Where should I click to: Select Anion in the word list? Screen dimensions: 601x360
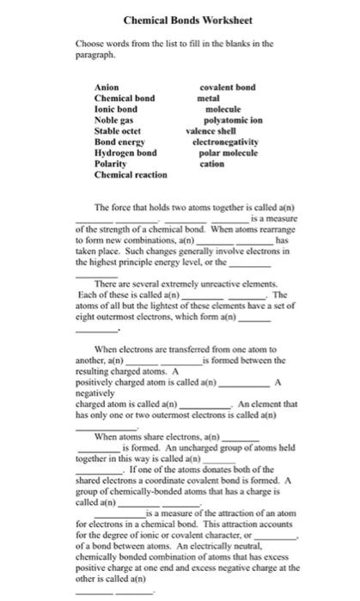(105, 88)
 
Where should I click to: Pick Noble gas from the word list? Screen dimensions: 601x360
(113, 120)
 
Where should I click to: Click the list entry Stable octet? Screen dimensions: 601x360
(117, 131)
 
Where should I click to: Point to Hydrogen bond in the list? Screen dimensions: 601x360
(124, 151)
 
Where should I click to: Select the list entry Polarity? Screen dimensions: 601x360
(112, 161)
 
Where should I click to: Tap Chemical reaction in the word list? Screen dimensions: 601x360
(129, 173)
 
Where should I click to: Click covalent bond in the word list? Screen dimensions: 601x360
(227, 88)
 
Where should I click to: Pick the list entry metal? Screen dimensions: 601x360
(209, 100)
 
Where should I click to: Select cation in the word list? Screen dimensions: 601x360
(211, 161)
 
